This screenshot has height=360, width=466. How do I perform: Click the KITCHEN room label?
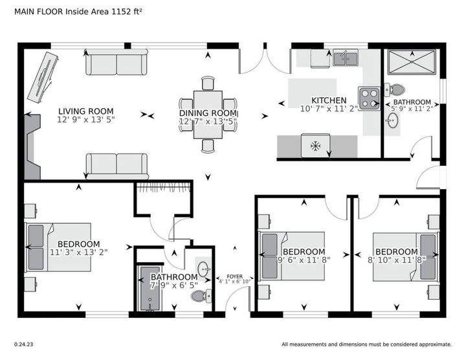point(329,100)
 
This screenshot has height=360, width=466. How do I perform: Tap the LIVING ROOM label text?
point(86,111)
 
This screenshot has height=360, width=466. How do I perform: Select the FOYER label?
point(235,276)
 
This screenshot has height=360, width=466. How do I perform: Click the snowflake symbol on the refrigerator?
point(316,146)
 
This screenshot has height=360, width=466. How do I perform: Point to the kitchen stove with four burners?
point(369,98)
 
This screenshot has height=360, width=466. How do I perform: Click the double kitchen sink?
point(346,58)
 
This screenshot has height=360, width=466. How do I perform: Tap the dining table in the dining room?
point(208,115)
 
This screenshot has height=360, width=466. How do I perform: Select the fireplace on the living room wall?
point(32,147)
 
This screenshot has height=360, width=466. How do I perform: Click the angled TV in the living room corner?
point(43,78)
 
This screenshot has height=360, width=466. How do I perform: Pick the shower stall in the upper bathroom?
point(412,62)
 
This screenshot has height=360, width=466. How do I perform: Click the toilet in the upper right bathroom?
point(395,89)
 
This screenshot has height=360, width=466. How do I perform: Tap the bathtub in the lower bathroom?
point(150,288)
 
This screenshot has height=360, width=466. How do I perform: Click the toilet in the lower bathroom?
point(201,296)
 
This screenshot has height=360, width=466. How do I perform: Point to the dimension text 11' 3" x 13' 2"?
point(79,253)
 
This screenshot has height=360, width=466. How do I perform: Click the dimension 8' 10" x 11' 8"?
point(397,260)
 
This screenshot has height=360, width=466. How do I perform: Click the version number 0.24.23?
point(24,344)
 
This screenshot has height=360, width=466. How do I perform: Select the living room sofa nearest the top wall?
point(116,62)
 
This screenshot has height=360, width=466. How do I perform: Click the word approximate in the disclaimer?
point(436,344)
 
